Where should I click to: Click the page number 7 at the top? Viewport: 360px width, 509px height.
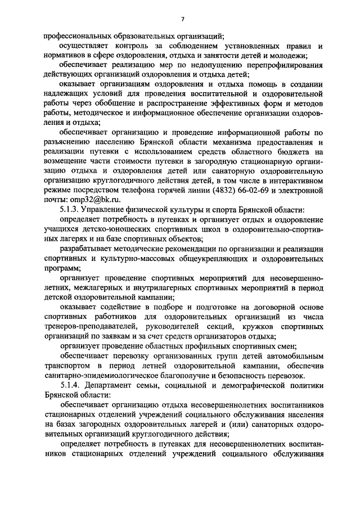[182, 20]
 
